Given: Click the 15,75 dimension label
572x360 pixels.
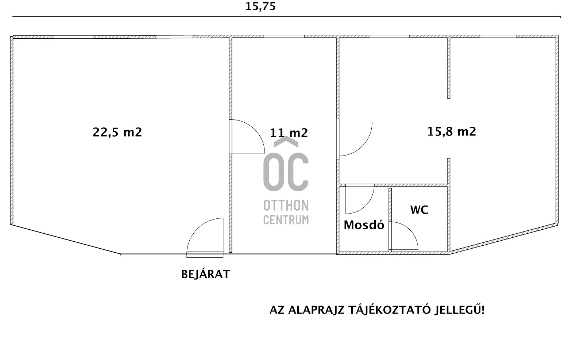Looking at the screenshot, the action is (260, 7).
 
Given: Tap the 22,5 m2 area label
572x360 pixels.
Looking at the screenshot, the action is (117, 132).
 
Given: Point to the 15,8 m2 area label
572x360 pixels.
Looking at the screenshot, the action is (452, 131).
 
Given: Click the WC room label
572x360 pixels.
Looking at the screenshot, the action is (419, 210).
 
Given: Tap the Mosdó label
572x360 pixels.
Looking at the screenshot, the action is (364, 225).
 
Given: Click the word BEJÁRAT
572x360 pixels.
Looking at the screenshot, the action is (206, 274).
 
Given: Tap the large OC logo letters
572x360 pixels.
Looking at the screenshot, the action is (286, 172).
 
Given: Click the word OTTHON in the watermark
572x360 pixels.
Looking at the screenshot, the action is (286, 206).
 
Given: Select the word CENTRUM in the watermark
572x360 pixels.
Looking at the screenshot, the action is (286, 220).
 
